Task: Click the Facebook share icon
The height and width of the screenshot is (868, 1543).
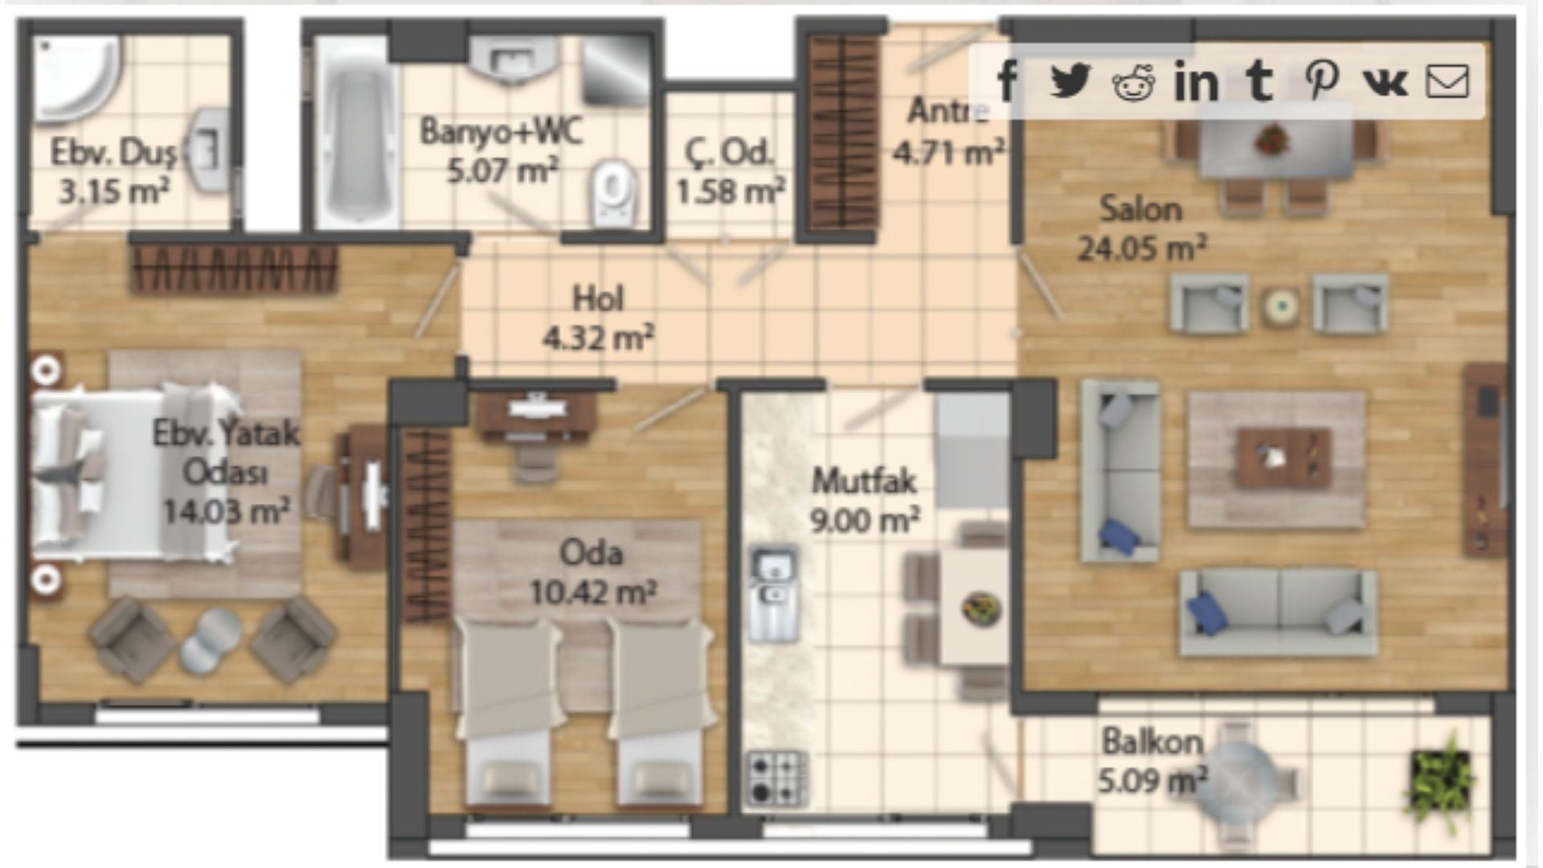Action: (1008, 80)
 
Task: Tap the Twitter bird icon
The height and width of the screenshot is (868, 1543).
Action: (1070, 80)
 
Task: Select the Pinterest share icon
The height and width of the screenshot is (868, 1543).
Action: (1322, 80)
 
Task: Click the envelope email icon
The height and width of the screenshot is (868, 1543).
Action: (1447, 81)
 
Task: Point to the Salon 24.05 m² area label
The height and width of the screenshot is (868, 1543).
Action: (1141, 229)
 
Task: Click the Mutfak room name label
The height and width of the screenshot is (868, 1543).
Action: (864, 481)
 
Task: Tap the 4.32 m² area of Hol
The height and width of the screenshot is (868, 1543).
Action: (598, 338)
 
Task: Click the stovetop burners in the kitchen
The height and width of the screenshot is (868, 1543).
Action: (776, 778)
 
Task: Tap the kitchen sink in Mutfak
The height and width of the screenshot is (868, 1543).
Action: (773, 593)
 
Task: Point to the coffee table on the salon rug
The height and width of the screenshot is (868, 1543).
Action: (1283, 458)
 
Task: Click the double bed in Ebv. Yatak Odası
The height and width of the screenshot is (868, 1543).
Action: (133, 474)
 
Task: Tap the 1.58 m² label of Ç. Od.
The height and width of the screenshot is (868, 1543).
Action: (730, 191)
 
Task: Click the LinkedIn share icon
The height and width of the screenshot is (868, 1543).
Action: (1196, 81)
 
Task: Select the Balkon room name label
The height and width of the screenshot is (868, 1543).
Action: (1152, 742)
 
